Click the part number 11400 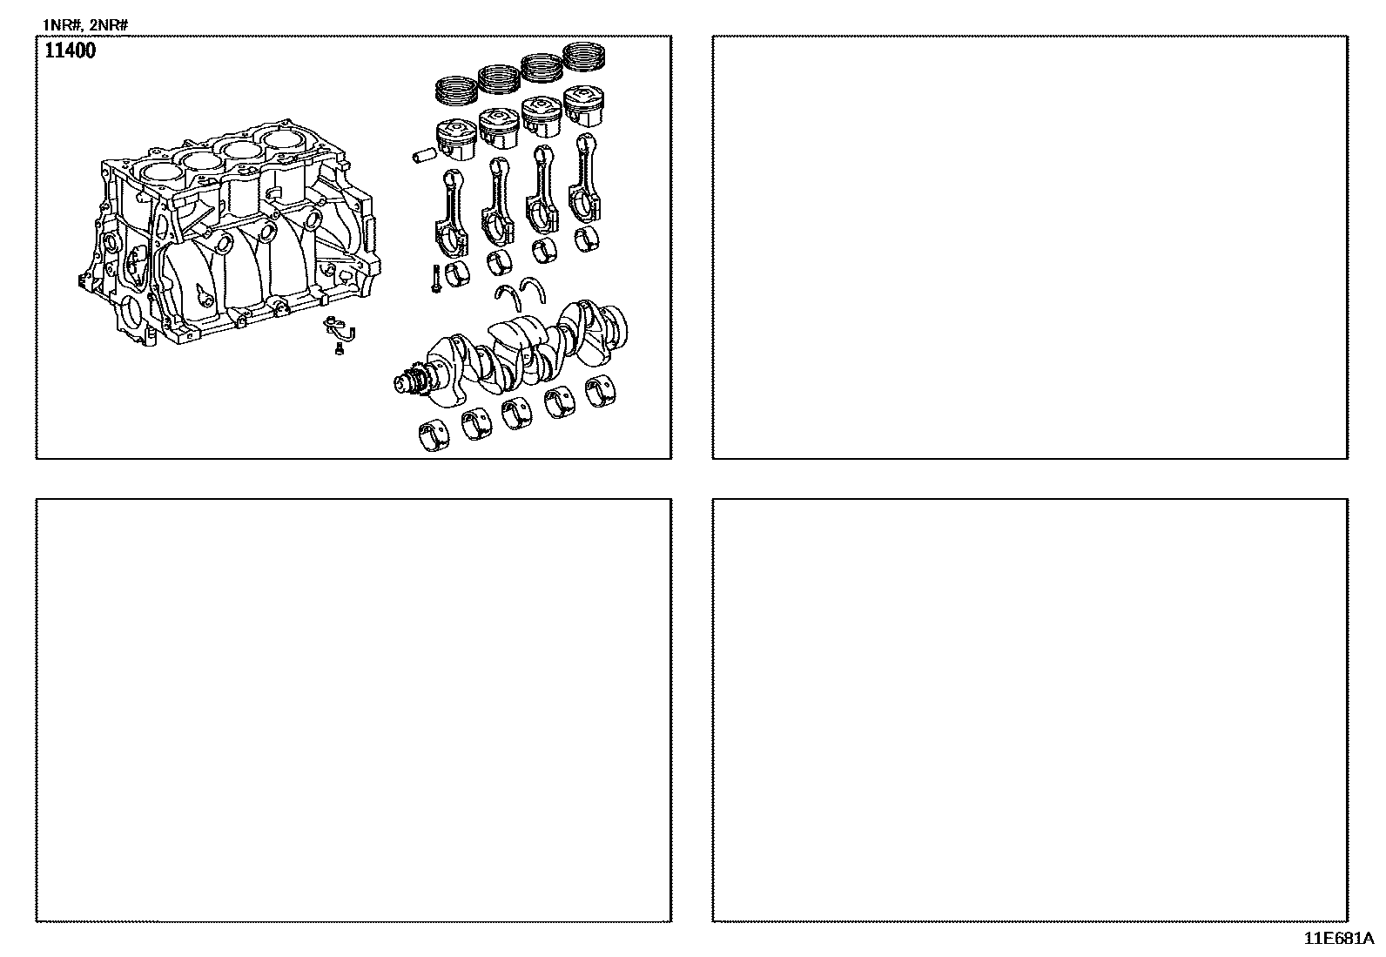[x=70, y=51]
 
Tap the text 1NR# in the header [x=61, y=25]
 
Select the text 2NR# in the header [x=108, y=25]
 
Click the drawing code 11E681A [x=1338, y=939]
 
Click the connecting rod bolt [x=436, y=279]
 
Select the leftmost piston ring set [x=457, y=91]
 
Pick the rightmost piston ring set [x=583, y=57]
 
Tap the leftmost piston [x=457, y=138]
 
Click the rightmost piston [x=584, y=106]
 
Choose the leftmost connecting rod [x=451, y=212]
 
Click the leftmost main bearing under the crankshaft [x=434, y=435]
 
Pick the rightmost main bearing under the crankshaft [x=600, y=391]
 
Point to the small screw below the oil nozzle [x=339, y=350]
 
